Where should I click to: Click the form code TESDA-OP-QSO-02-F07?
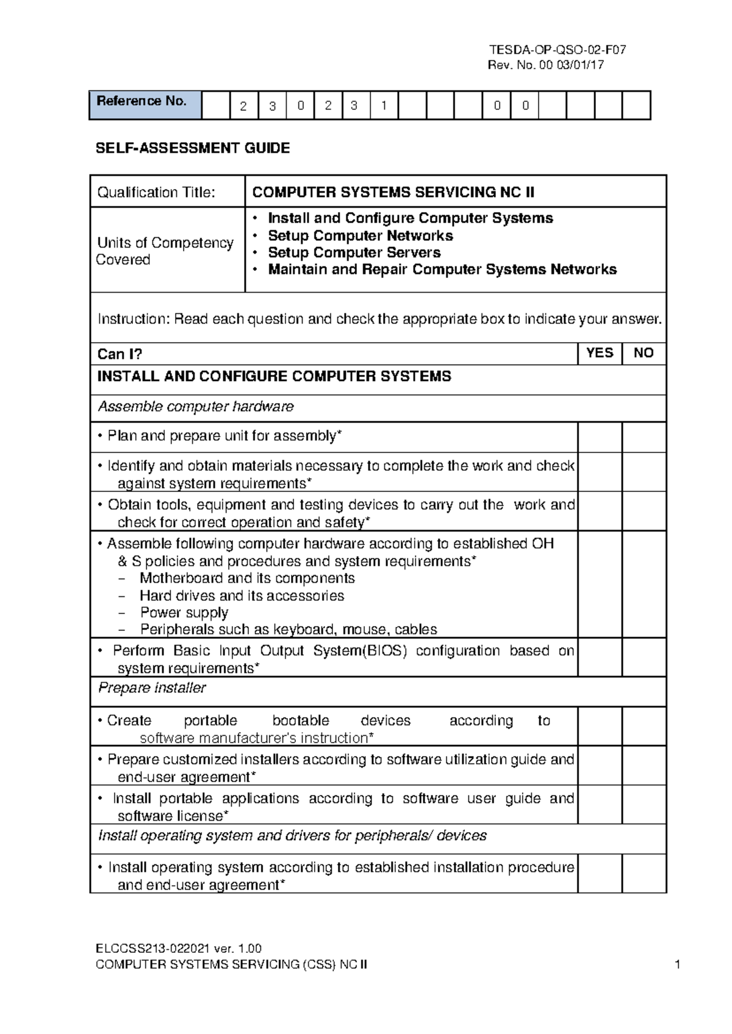[x=557, y=50]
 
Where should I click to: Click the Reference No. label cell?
[x=145, y=105]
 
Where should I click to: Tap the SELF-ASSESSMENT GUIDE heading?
[x=193, y=148]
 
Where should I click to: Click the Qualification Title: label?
[x=156, y=193]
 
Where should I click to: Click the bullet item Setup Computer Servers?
[x=354, y=252]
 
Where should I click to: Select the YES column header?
[x=599, y=353]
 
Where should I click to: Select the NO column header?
[x=644, y=353]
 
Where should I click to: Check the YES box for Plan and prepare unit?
[x=599, y=437]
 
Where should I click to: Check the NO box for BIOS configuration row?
[x=644, y=658]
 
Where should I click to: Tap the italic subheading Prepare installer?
[x=152, y=688]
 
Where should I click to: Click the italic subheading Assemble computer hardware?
[x=196, y=407]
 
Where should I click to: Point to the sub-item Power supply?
[x=184, y=613]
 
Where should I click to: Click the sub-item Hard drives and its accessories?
[x=242, y=596]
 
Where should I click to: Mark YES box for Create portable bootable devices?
[x=599, y=727]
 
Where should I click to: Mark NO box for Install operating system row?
[x=644, y=874]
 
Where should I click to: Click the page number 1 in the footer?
[x=677, y=964]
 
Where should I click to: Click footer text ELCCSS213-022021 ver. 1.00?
[x=179, y=949]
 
